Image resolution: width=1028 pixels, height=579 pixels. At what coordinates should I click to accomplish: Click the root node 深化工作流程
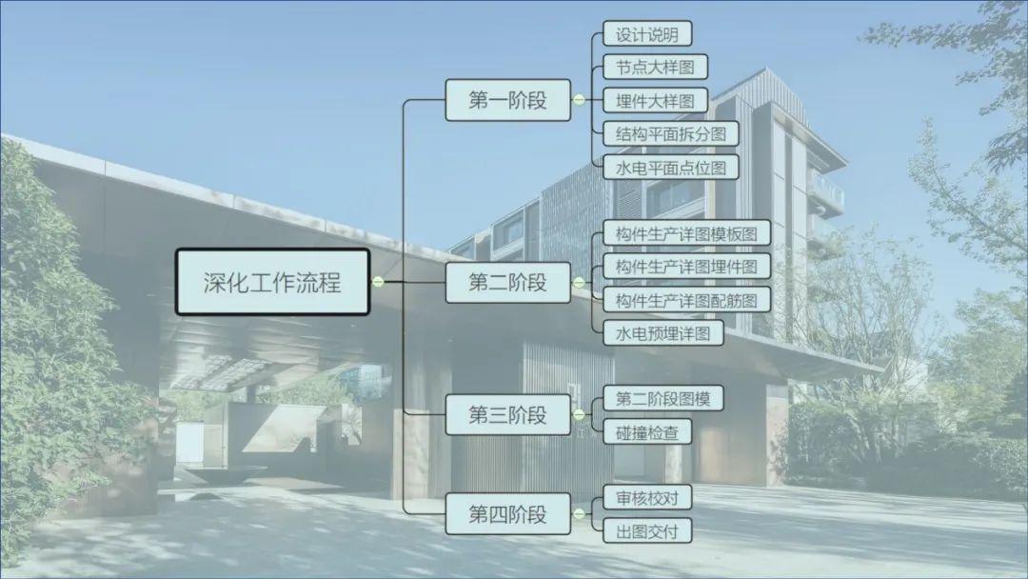(x=272, y=282)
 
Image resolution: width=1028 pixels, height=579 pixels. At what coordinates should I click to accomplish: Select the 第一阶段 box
(x=507, y=100)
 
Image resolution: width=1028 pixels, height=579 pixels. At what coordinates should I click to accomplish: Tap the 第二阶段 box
(x=507, y=282)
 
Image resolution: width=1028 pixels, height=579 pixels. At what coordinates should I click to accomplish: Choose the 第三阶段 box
(x=507, y=415)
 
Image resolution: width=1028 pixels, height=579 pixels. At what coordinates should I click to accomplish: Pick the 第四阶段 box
(x=507, y=514)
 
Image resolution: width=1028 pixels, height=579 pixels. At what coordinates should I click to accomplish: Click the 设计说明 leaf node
(x=647, y=34)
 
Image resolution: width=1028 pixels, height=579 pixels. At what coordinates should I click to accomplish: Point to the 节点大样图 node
(x=655, y=68)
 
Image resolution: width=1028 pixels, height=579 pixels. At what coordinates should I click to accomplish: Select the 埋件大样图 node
(x=655, y=100)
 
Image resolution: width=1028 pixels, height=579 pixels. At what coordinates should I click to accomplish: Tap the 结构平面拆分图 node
(x=670, y=133)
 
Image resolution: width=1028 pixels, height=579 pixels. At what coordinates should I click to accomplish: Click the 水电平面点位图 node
(x=670, y=167)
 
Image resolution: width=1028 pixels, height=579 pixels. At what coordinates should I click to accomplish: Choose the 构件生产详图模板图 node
(x=686, y=234)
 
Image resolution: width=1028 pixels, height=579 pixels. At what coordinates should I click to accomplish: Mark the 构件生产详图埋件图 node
(x=686, y=267)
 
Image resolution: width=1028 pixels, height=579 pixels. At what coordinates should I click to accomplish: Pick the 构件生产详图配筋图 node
(x=686, y=300)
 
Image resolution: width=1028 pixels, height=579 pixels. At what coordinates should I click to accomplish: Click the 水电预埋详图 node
(x=662, y=333)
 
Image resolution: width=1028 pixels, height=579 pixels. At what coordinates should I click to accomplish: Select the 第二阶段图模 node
(x=662, y=398)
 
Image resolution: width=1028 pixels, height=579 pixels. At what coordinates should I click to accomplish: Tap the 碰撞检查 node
(x=647, y=431)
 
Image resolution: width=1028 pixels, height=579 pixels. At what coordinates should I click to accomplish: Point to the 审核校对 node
(x=647, y=497)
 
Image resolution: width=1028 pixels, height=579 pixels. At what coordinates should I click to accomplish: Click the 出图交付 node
(x=647, y=530)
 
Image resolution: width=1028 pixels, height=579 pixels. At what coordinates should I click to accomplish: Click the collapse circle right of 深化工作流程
(x=378, y=282)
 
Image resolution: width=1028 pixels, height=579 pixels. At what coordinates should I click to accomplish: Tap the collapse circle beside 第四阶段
(x=579, y=514)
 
